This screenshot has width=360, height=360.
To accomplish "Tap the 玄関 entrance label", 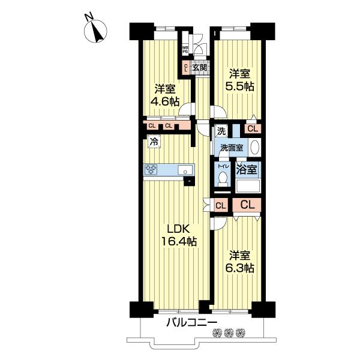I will (200, 68).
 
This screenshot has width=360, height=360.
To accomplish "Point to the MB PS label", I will (185, 50).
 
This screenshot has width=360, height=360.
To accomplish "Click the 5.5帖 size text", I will (239, 86).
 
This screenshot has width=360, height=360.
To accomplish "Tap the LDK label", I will (178, 229).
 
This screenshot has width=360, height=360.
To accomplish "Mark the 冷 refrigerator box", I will (154, 142).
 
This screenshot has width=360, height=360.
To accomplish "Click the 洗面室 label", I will (230, 148).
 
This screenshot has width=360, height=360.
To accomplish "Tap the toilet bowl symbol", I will (223, 179).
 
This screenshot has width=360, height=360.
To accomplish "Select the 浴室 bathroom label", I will (248, 169).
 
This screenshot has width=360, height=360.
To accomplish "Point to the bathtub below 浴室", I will (248, 186).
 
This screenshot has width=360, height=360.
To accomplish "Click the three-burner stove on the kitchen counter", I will (151, 170).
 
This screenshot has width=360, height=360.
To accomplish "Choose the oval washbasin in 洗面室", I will (254, 148).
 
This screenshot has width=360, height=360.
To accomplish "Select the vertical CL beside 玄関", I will (186, 68).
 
